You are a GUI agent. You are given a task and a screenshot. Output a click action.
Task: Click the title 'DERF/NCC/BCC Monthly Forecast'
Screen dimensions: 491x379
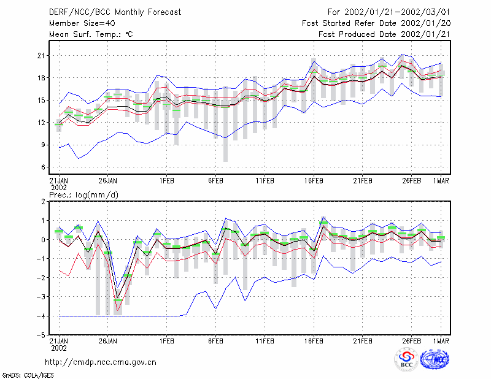115,12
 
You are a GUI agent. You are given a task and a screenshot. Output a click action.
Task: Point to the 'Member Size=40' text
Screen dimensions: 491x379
82,23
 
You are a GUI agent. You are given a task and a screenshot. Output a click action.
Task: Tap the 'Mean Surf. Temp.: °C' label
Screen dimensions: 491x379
91,34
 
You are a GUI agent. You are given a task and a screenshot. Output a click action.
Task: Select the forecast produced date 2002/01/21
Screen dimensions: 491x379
425,34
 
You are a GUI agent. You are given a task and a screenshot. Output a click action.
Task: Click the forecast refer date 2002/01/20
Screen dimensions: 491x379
425,23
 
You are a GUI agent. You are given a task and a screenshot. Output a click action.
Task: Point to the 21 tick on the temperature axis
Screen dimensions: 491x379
41,56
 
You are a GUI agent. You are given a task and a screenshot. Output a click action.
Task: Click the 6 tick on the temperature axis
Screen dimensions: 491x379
43,167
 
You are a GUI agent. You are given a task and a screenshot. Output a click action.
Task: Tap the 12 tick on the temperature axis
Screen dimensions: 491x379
41,123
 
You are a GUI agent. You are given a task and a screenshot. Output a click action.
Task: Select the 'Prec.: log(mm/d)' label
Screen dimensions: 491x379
83,195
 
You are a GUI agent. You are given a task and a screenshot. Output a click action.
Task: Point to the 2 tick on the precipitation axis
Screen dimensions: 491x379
43,202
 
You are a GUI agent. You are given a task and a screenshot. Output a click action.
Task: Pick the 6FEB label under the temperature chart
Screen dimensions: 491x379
215,181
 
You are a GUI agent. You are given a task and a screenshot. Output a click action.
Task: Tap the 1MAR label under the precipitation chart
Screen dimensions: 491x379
441,341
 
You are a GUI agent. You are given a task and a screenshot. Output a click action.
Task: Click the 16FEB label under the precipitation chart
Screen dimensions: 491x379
314,341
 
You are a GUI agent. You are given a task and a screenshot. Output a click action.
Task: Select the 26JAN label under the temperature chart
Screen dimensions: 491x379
108,181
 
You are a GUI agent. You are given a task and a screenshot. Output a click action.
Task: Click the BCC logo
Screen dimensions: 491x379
406,360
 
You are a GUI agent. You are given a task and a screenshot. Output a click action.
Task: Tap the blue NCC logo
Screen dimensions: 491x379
435,359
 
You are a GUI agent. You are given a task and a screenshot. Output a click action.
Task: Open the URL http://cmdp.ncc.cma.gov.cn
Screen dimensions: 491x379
101,362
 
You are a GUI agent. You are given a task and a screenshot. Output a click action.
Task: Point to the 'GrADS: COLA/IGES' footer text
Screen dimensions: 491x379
28,375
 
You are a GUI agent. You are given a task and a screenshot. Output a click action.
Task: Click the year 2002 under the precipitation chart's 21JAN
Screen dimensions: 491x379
59,348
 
